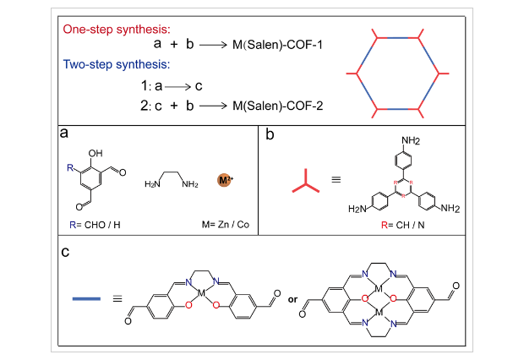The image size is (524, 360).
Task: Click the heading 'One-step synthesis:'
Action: (117, 29)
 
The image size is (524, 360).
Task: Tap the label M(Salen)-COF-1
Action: (276, 46)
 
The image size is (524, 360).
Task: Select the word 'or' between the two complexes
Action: (292, 299)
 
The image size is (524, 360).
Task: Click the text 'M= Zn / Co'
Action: (223, 224)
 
